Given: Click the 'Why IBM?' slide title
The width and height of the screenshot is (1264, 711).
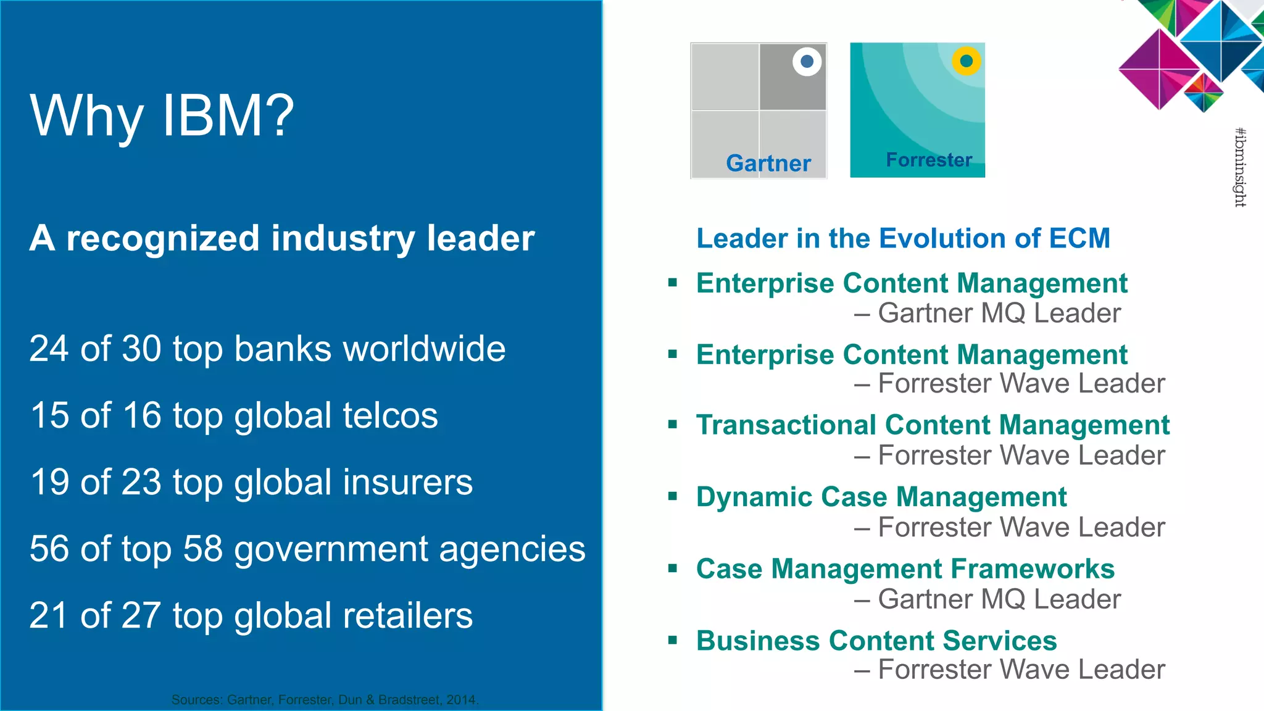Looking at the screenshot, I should [162, 115].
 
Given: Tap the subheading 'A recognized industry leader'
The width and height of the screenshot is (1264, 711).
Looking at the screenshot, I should [282, 238].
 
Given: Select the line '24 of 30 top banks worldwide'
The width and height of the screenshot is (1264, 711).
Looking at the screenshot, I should [267, 349].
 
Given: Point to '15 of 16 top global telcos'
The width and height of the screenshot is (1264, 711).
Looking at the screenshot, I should [234, 415].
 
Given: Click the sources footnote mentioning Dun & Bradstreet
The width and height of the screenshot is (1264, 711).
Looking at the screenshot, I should [325, 700].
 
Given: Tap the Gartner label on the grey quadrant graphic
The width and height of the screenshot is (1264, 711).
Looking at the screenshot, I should [768, 163].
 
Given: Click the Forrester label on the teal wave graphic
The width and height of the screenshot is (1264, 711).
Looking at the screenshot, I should [929, 160].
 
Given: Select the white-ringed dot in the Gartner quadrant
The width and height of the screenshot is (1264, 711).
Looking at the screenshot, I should [807, 61].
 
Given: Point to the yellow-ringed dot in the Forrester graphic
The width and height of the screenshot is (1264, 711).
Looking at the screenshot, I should [966, 61].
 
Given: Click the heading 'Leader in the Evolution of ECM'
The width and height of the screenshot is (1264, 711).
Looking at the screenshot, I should [903, 238].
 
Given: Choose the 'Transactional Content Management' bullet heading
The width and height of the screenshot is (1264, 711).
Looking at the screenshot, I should [933, 425].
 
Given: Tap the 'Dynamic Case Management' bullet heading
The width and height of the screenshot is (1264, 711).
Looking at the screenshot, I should [881, 497].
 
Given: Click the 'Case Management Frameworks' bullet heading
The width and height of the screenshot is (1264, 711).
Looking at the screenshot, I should [905, 568].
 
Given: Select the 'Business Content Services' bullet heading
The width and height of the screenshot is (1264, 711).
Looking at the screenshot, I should [876, 641].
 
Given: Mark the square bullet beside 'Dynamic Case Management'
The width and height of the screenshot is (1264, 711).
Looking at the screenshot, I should [673, 496].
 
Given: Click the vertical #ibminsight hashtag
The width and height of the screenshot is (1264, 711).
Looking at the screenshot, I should [1240, 167].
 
